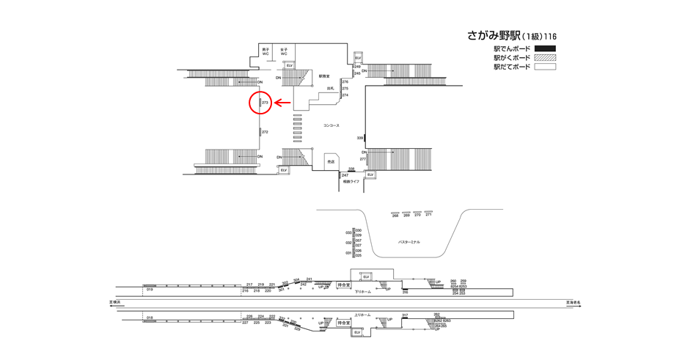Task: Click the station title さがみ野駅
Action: pos(494,35)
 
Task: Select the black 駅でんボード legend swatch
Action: pos(545,49)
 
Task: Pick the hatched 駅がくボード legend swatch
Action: pos(545,58)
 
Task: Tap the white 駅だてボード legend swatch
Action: pos(545,67)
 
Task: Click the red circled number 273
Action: pos(265,103)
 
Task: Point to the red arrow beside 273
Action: pos(283,103)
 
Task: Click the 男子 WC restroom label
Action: pos(265,52)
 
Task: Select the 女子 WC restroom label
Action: pos(284,52)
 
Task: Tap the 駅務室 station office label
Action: pos(324,76)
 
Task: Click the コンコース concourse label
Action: pos(331,125)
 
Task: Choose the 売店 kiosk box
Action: pos(331,161)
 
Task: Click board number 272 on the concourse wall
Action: pos(265,132)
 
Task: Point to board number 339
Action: pos(360,138)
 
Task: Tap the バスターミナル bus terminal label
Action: pos(409,242)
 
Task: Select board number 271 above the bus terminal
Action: pos(428,215)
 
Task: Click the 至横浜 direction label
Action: pos(115,302)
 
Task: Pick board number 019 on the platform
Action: pos(149,290)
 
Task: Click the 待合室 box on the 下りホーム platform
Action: pos(343,285)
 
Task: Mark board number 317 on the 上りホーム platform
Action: pos(405,315)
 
